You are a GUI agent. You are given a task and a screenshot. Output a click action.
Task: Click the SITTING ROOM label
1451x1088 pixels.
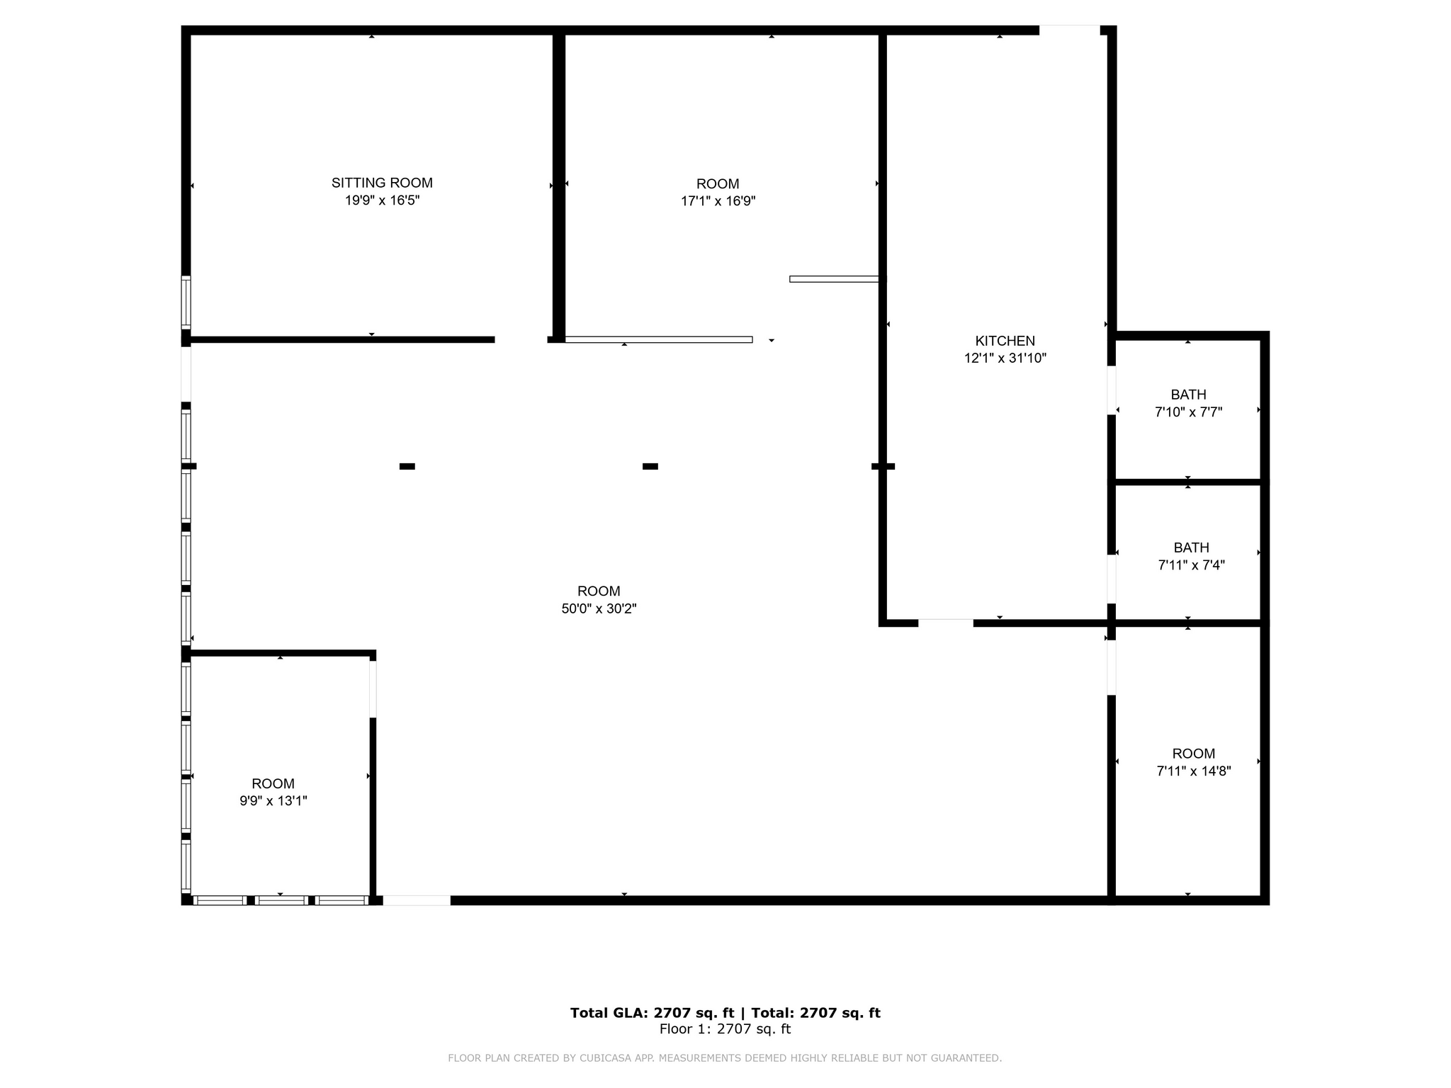382,183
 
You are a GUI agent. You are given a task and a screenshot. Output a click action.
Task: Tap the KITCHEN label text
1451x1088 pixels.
1005,341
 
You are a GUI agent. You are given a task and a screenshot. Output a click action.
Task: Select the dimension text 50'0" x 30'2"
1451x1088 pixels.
599,608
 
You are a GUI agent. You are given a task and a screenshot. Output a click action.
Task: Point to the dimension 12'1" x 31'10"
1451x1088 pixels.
1005,358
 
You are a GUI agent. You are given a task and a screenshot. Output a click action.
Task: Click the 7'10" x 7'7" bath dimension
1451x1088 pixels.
1188,412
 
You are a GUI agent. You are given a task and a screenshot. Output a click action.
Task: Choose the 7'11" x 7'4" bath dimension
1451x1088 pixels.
1191,565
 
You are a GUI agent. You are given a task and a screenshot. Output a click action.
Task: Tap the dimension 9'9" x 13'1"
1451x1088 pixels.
273,801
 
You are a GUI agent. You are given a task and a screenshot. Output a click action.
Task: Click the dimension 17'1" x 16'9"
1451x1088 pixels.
718,201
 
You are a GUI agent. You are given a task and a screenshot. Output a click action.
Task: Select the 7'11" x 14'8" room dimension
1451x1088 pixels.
1193,771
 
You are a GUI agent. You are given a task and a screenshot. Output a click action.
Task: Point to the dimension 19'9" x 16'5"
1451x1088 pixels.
382,200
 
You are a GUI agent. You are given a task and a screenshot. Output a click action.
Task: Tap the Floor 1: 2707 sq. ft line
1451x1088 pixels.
725,1029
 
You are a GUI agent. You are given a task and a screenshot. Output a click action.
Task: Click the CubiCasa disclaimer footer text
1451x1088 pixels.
724,1058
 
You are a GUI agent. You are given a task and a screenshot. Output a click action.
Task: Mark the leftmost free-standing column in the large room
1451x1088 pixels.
407,466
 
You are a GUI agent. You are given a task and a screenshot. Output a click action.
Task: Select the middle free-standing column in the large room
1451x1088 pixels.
650,466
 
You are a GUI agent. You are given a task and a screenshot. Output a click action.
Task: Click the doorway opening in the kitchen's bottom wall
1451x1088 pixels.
945,623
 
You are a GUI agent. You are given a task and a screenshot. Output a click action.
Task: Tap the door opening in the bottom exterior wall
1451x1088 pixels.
417,900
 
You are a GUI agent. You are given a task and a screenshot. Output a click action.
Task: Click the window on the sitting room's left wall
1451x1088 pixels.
186,302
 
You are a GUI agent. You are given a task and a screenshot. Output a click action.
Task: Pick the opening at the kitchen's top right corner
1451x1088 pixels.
1068,30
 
